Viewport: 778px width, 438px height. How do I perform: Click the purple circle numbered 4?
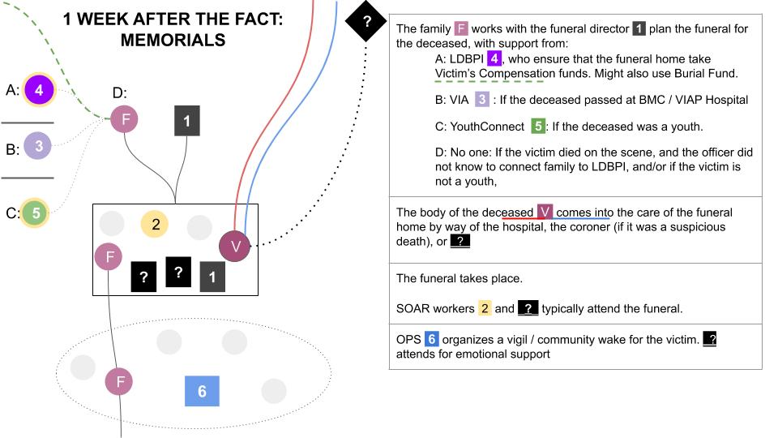click(x=38, y=90)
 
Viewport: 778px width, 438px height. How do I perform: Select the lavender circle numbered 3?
click(x=38, y=147)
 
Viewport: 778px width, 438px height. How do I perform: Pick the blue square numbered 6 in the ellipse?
click(x=202, y=391)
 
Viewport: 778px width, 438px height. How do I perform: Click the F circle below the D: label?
click(x=125, y=121)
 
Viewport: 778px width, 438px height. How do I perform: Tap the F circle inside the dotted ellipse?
click(x=121, y=380)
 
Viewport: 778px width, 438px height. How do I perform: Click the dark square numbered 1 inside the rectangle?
click(x=212, y=277)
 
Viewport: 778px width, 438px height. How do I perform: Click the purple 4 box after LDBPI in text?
click(x=495, y=58)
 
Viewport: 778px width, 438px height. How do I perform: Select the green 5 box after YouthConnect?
click(x=536, y=127)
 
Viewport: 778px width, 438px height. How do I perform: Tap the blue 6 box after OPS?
click(x=431, y=338)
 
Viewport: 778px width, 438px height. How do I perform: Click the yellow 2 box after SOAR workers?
click(x=485, y=308)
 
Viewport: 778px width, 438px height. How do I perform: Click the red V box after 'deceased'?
click(x=545, y=212)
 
